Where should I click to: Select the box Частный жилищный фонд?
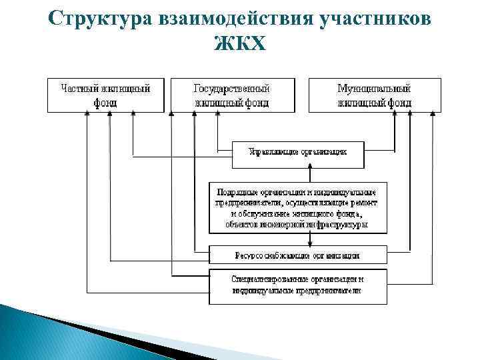(x=105, y=95)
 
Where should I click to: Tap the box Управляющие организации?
(x=298, y=154)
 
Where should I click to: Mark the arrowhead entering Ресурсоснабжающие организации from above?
(x=309, y=243)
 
